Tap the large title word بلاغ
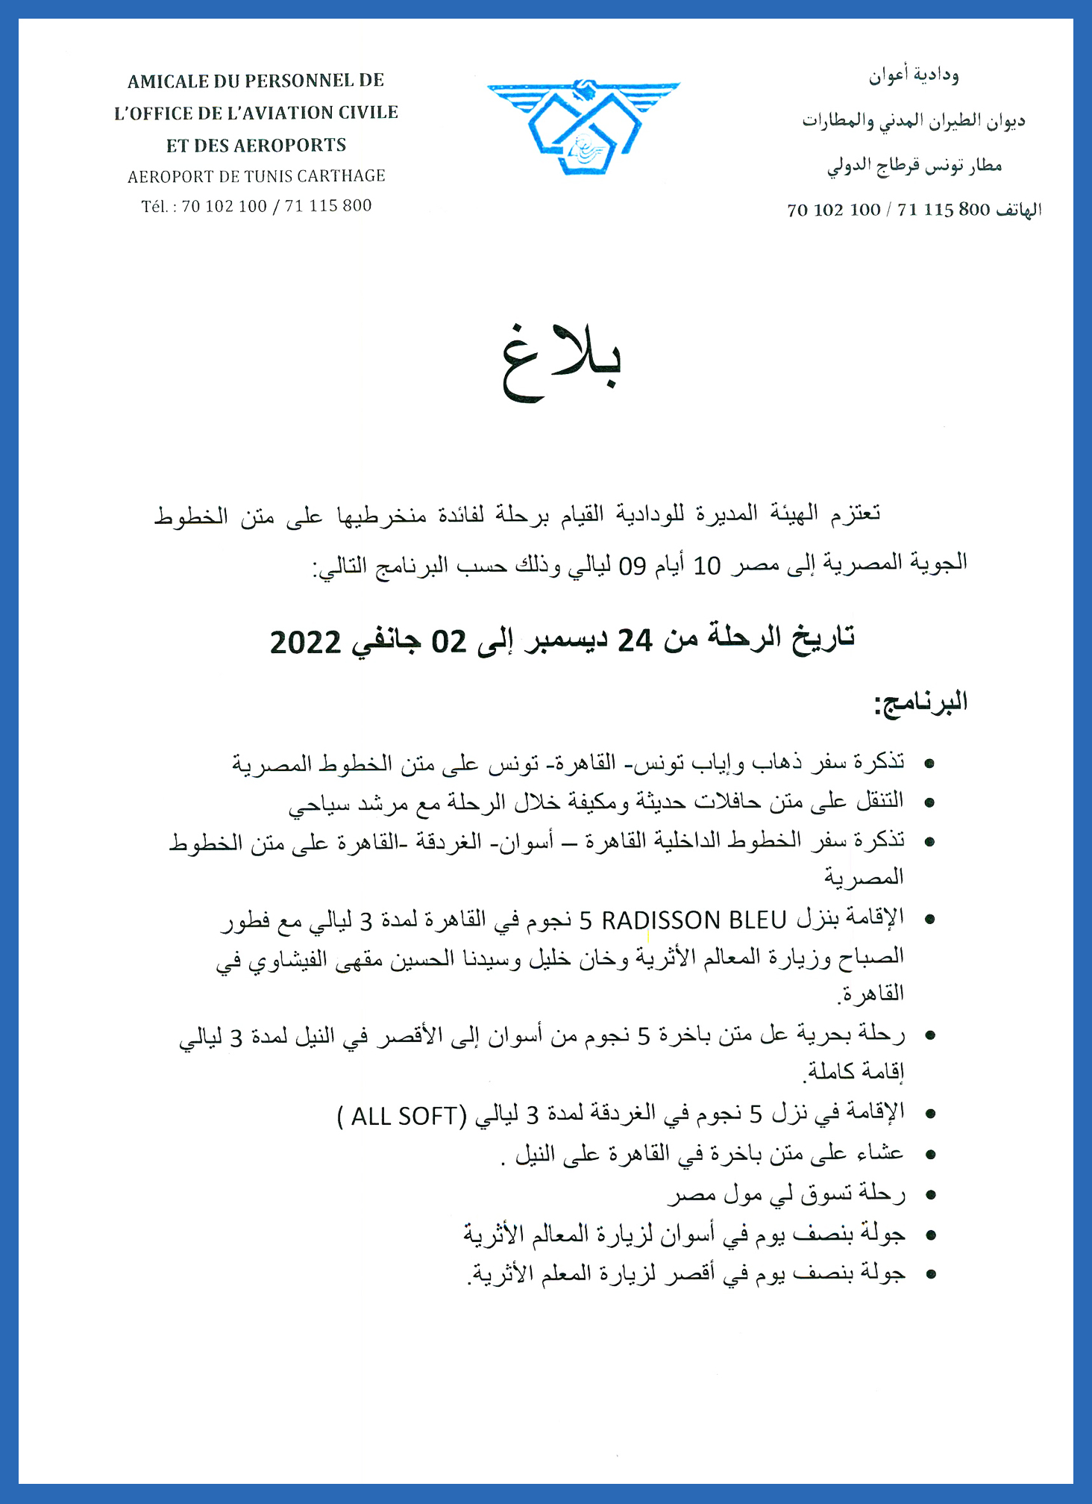pyautogui.click(x=561, y=363)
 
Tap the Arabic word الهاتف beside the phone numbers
pyautogui.click(x=1018, y=210)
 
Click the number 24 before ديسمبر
pyautogui.click(x=635, y=640)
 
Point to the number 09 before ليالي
pyautogui.click(x=633, y=567)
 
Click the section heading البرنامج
pyautogui.click(x=921, y=703)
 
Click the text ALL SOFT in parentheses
pyautogui.click(x=404, y=1116)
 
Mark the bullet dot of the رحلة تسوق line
pyautogui.click(x=929, y=1196)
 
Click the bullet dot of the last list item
pyautogui.click(x=929, y=1274)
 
